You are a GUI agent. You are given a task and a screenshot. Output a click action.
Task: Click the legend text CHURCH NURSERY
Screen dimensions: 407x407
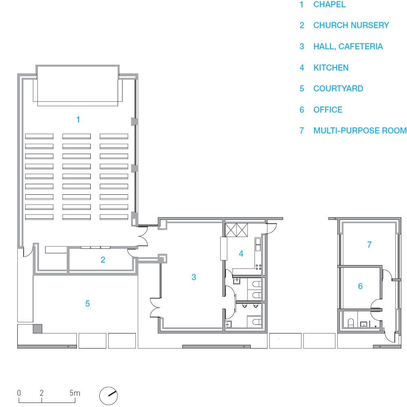click(x=351, y=25)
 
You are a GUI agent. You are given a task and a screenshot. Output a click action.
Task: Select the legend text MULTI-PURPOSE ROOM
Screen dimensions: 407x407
click(x=360, y=130)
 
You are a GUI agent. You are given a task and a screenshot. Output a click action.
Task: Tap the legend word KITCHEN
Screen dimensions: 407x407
click(x=331, y=67)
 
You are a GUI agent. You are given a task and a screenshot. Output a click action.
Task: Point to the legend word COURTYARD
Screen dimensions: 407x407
click(x=338, y=89)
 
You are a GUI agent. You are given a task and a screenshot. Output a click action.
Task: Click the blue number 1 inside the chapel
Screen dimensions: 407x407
click(x=78, y=120)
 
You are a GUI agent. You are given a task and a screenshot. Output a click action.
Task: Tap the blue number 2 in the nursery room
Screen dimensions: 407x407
click(x=103, y=259)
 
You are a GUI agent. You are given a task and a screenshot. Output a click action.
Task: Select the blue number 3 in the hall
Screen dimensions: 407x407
click(x=194, y=277)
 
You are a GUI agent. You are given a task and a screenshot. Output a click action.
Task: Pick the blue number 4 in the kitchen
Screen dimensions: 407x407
click(x=241, y=254)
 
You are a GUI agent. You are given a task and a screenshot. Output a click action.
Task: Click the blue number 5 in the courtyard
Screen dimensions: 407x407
click(x=88, y=303)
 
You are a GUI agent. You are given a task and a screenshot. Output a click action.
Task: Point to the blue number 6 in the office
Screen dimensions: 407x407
click(x=360, y=286)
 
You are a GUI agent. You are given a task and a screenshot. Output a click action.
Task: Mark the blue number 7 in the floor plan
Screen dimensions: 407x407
click(x=369, y=244)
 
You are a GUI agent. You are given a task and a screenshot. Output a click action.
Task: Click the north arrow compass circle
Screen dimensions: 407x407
click(x=108, y=396)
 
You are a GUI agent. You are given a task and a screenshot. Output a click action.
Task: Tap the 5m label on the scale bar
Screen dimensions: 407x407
click(x=74, y=393)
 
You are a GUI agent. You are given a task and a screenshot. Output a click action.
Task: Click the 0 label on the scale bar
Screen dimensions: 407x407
click(x=19, y=393)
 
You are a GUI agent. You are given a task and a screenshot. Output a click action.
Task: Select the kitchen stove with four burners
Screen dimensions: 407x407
click(x=258, y=267)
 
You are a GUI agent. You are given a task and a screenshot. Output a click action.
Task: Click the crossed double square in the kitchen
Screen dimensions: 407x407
click(x=236, y=230)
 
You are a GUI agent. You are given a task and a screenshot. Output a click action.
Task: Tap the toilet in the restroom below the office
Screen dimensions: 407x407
click(x=351, y=323)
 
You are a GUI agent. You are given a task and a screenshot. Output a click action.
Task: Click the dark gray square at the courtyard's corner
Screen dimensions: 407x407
click(x=37, y=329)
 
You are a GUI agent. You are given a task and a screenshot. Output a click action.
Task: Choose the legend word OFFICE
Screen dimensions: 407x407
click(x=328, y=109)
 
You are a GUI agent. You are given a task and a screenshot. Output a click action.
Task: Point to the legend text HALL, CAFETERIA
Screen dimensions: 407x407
click(x=348, y=46)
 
